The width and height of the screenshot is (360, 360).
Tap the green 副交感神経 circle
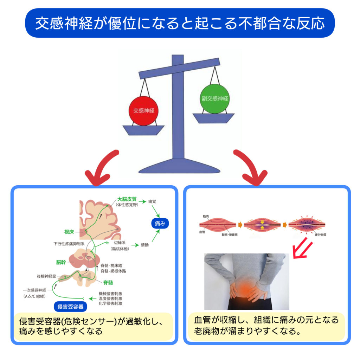point(214,99)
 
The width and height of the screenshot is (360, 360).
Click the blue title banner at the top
point(180,23)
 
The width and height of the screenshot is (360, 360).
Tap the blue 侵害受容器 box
point(70,306)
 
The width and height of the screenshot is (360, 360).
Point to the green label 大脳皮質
point(127,199)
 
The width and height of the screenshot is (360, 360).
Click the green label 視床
point(69,232)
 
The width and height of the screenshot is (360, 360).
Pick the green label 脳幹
point(61,262)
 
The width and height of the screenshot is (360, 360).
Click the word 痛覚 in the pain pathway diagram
point(152,202)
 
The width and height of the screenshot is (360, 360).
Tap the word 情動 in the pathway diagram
point(144,245)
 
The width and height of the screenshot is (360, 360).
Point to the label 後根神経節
point(45,276)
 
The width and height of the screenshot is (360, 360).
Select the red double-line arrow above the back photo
point(302,246)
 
